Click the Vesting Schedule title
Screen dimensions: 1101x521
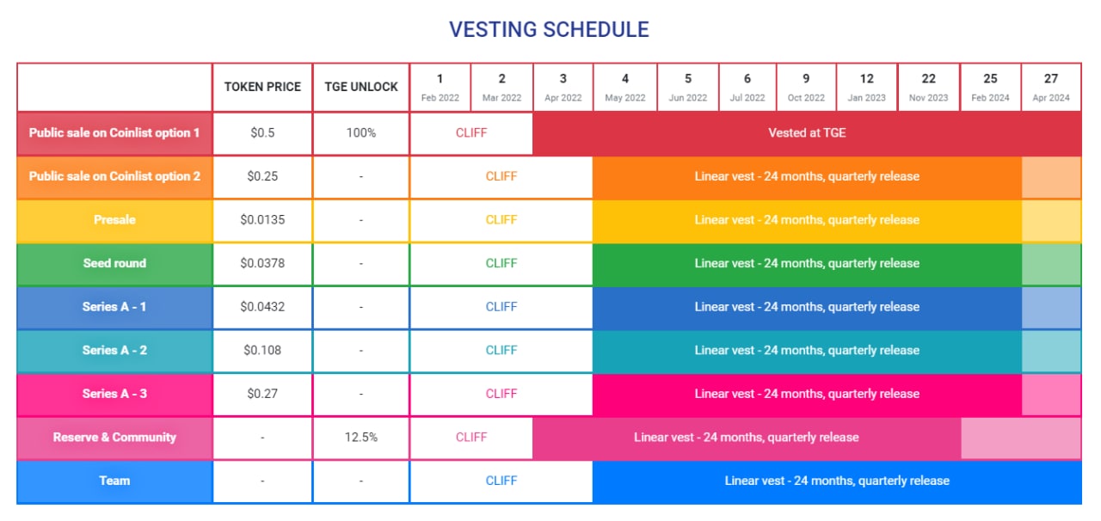(549, 29)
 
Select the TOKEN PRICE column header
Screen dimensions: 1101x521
(262, 87)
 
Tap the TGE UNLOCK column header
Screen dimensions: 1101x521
(361, 87)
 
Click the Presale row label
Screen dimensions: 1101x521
(114, 220)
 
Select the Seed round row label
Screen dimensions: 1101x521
(114, 263)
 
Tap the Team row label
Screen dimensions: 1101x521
(114, 481)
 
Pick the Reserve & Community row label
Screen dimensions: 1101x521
(114, 437)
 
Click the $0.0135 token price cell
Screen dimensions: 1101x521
(262, 220)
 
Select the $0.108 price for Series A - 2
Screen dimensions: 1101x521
(262, 350)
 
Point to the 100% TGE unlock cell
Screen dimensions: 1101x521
(361, 132)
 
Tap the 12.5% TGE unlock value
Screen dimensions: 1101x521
(361, 437)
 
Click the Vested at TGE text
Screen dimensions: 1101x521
(807, 132)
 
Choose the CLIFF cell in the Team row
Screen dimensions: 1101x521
(501, 481)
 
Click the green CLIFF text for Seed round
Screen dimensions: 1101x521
(501, 263)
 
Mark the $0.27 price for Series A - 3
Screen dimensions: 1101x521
(262, 394)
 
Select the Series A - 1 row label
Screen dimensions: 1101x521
(114, 307)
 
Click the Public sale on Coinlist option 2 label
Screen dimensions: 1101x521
(114, 176)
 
